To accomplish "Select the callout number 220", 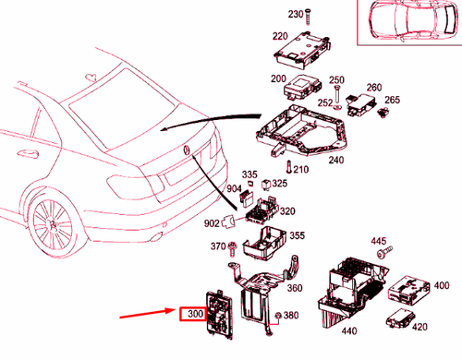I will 279,36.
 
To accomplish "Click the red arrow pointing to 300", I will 148,316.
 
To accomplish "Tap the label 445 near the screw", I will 379,241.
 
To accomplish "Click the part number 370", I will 218,246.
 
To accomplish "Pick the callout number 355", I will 297,237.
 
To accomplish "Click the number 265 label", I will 392,100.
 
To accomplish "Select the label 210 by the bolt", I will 301,170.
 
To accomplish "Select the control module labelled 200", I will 301,90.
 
